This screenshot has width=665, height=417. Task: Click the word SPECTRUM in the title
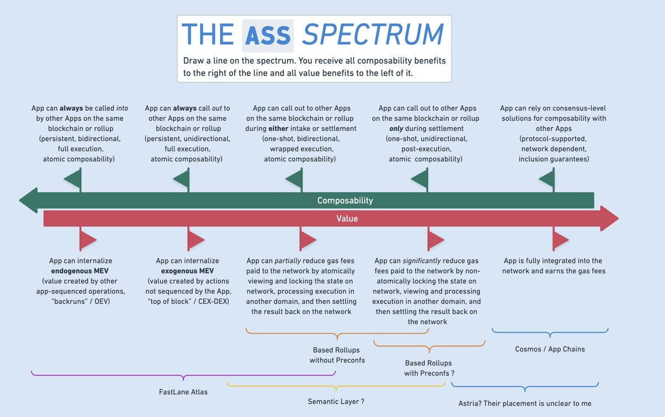[373, 34]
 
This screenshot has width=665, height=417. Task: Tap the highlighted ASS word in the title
[268, 35]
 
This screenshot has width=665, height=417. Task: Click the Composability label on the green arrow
[345, 200]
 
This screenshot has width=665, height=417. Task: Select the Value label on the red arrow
[347, 218]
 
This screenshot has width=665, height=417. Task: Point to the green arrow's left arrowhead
[28, 200]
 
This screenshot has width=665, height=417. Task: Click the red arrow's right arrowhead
[609, 218]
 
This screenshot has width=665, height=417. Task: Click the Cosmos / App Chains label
[550, 349]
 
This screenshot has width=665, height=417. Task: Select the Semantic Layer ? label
[336, 401]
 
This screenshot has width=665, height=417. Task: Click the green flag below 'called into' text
[74, 178]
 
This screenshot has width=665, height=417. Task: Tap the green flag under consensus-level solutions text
[548, 178]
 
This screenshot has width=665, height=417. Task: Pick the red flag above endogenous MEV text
[88, 240]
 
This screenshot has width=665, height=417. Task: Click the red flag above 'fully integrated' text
[560, 240]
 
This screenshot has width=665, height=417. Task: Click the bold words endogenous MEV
[80, 271]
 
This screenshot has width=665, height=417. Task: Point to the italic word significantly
[422, 261]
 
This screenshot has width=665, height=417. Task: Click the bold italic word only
[396, 129]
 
